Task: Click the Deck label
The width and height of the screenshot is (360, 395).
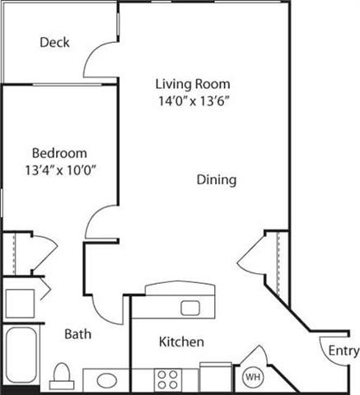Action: click(54, 43)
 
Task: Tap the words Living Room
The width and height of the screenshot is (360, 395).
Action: click(193, 84)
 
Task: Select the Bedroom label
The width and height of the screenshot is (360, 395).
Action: click(59, 154)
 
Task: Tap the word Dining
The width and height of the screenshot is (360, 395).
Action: click(217, 179)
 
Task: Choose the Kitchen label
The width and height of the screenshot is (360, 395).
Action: click(181, 342)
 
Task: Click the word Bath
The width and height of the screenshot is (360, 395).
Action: click(78, 335)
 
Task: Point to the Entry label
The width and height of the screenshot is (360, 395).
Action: click(344, 351)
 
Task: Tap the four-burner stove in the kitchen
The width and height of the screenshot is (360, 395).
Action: click(169, 379)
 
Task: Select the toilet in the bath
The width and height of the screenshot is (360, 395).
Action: click(60, 378)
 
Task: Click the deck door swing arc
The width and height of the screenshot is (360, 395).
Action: click(101, 58)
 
